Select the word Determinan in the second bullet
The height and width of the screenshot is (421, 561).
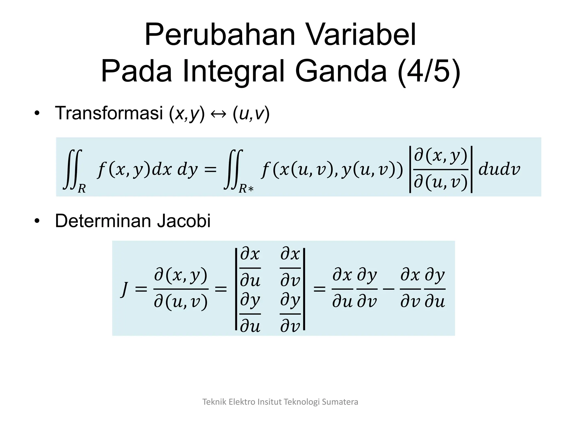click(103, 221)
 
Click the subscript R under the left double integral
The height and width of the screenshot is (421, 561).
click(82, 189)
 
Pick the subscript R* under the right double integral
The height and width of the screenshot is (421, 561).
click(246, 189)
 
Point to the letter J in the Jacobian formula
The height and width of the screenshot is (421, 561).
click(125, 289)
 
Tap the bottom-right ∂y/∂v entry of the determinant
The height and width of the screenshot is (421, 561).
click(290, 314)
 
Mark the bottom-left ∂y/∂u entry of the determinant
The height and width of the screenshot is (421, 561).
click(250, 314)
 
